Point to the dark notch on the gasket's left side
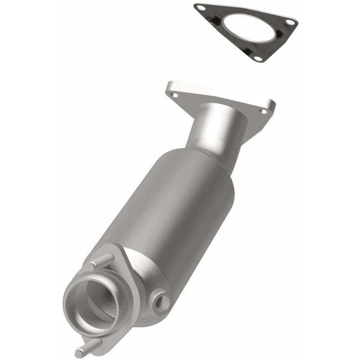point(218,19)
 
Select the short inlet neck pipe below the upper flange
point(211,130)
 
